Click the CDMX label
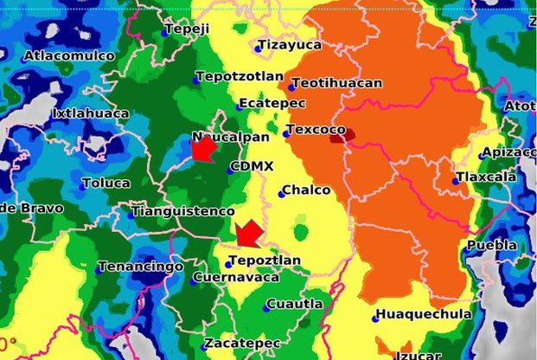pos(253,167)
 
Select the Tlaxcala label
pos(489,177)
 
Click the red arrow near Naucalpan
pos(202,149)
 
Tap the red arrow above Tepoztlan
pos(249,232)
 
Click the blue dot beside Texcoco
pos(286,134)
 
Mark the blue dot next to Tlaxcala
pos(456,182)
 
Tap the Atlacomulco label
pos(69,56)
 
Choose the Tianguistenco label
pos(183,211)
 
